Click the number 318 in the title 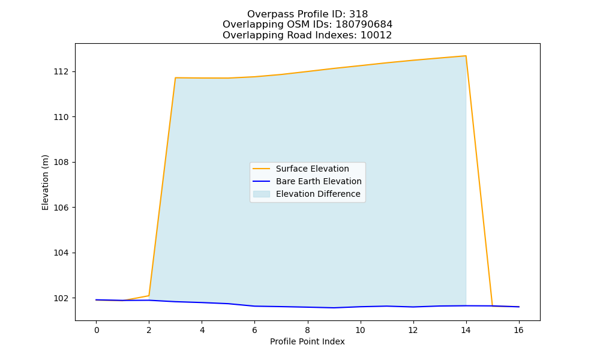pos(358,14)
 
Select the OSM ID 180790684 pos(364,25)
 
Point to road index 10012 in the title pos(376,35)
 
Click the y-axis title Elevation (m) pos(45,182)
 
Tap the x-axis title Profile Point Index pos(307,341)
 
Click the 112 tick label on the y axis pos(61,72)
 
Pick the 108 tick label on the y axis pos(61,162)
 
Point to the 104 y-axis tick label pos(61,253)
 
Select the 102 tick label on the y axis pos(61,298)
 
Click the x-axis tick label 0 pos(97,330)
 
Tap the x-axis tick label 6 pos(254,330)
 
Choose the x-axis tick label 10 pos(360,330)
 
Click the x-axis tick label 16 pos(518,330)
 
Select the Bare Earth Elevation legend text pos(319,181)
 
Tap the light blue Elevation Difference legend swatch pos(262,194)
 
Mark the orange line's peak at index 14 pos(466,56)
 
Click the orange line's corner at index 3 pos(175,77)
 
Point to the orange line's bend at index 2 pos(149,295)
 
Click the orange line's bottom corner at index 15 pos(492,306)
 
